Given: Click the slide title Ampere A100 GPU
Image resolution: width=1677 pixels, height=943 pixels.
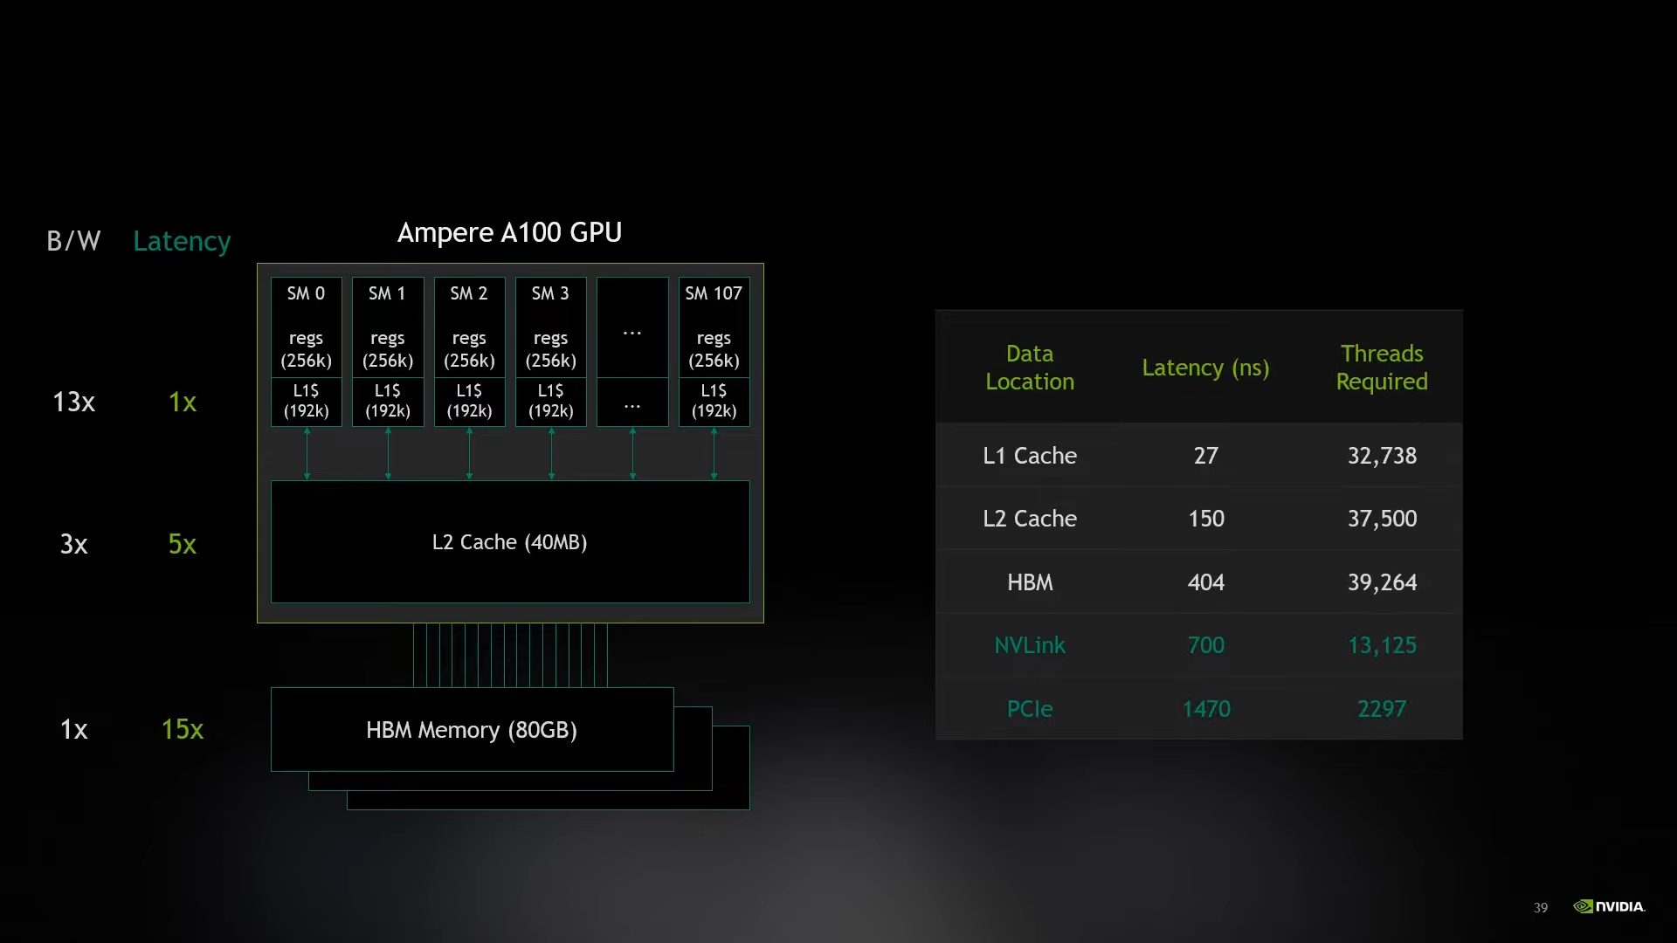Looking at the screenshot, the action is point(509,232).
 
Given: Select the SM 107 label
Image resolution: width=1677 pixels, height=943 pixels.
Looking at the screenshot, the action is point(714,293).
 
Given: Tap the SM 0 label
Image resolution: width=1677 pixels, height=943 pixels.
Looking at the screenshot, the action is point(306,293).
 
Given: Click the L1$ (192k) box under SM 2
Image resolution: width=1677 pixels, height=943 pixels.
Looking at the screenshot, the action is point(469,402).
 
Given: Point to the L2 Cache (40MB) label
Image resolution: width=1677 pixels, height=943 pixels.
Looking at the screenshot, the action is point(509,542).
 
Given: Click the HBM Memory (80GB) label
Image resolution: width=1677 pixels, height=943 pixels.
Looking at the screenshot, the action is point(472,730).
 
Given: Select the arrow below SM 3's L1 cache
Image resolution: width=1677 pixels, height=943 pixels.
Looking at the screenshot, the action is point(551,453).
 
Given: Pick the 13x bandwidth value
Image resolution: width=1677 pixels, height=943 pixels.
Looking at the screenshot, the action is point(73,402).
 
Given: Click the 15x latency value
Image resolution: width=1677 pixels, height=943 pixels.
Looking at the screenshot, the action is point(182,729).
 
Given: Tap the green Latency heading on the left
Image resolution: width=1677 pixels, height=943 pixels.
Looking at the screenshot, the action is point(182,241).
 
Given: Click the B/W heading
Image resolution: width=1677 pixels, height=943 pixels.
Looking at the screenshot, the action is point(73,241).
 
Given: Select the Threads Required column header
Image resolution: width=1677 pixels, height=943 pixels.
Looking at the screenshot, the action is point(1382,368).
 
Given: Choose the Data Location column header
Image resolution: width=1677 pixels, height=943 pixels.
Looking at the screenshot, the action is point(1030,368).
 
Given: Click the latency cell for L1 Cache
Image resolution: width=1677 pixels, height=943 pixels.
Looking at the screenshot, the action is point(1206,456).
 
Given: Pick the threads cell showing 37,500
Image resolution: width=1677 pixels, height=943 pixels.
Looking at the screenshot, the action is point(1382,519).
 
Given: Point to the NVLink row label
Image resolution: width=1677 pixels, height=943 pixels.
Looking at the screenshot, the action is point(1030,645).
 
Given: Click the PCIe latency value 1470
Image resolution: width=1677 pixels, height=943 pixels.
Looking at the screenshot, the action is point(1206,709).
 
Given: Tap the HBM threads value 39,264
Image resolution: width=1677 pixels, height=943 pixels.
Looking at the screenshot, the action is point(1382,582).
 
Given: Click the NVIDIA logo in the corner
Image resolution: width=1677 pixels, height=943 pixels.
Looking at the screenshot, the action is point(1609,906).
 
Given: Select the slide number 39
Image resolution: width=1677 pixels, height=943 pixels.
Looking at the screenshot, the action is point(1541,908).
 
